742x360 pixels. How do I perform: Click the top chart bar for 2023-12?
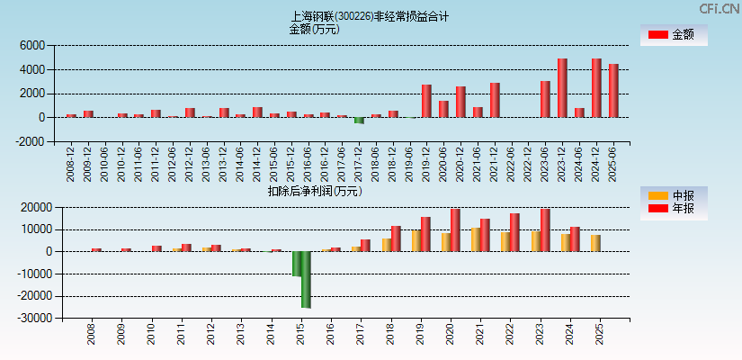tap(562, 88)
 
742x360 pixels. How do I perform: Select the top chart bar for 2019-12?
tap(426, 101)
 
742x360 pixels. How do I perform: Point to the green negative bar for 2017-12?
tap(359, 121)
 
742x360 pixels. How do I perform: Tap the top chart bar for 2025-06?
tap(613, 91)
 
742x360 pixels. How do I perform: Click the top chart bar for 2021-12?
tap(495, 100)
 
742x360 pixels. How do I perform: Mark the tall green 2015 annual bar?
tap(306, 279)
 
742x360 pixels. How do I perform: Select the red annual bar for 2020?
tap(455, 230)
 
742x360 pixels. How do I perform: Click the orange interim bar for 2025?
tap(595, 243)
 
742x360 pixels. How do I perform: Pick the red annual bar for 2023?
tap(545, 230)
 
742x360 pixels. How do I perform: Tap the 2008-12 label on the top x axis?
tap(71, 163)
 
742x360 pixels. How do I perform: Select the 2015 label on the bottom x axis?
tap(301, 336)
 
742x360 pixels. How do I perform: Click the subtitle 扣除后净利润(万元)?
tap(315, 191)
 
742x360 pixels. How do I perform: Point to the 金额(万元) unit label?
tap(314, 29)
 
